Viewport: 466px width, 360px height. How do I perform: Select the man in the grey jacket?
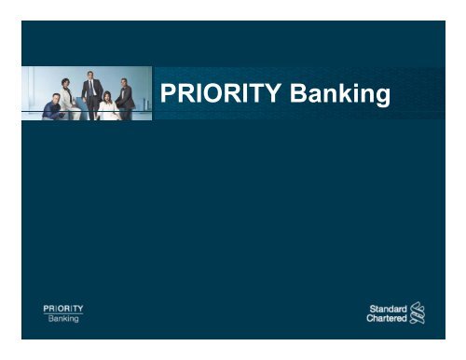[126, 97]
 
